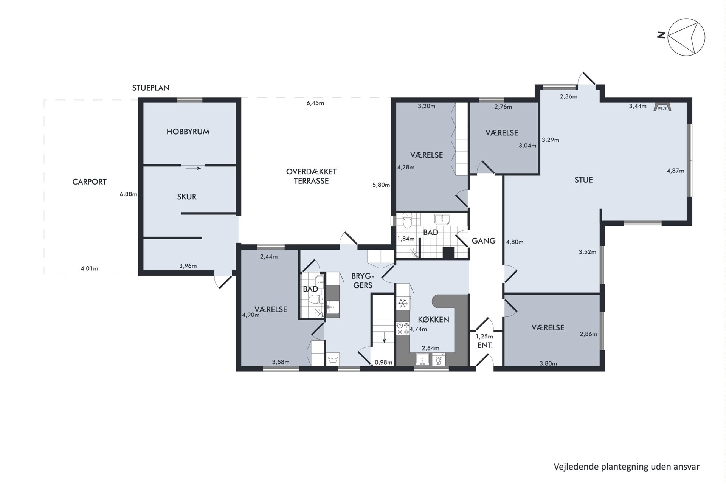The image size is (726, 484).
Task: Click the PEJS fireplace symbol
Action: [662, 107]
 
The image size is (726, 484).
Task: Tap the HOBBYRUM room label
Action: [188, 132]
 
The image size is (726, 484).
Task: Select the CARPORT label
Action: [90, 182]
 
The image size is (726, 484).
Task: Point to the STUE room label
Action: [583, 180]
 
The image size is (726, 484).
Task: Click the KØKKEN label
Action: [433, 320]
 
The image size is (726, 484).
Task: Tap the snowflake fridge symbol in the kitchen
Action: [403, 303]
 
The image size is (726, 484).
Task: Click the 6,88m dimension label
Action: [128, 194]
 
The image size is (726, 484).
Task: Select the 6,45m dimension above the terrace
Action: [315, 103]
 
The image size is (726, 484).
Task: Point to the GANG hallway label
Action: [484, 241]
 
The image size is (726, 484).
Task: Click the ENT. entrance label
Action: [485, 345]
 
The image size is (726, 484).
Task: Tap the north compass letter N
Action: [661, 35]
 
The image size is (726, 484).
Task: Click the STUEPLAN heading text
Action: [151, 88]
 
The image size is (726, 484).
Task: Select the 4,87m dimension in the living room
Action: [675, 171]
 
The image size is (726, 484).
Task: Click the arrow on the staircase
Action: [384, 337]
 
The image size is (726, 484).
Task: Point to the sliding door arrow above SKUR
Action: [193, 168]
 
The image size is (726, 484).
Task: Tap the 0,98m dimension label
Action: [383, 362]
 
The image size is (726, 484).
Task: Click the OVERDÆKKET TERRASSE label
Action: [311, 176]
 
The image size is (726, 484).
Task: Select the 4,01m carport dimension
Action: [90, 269]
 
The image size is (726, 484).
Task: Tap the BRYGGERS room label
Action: [363, 280]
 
